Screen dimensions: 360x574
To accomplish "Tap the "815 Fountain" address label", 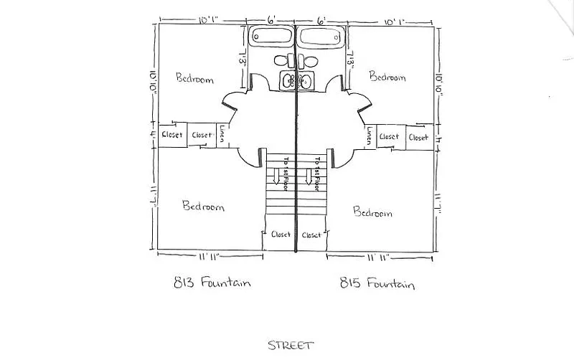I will tap(377, 285).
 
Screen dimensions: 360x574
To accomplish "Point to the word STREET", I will tap(290, 346).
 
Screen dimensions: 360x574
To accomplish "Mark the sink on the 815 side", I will tap(305, 80).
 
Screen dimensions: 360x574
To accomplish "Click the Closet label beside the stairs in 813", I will tap(281, 235).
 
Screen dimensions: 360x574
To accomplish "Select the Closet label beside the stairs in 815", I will tap(311, 235).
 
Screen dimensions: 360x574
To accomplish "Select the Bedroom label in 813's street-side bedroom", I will tap(203, 207).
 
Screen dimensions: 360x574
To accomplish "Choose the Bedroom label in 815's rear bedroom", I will tap(387, 76).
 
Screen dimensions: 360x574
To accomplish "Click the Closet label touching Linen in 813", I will tap(202, 135).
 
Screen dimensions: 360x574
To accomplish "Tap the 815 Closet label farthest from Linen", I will tap(418, 137).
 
